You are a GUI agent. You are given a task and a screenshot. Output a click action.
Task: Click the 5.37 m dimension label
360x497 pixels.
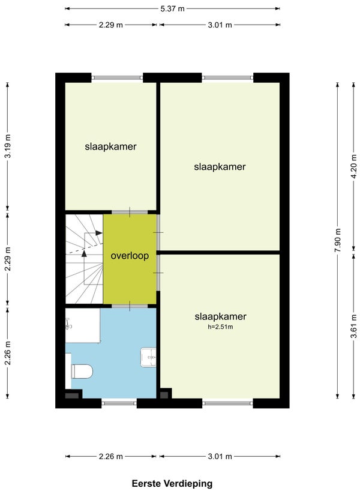172,8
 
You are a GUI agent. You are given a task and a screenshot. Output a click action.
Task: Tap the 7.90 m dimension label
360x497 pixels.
338,240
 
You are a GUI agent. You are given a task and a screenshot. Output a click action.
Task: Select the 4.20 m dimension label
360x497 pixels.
354,166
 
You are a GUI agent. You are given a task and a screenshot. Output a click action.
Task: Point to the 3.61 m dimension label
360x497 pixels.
354,326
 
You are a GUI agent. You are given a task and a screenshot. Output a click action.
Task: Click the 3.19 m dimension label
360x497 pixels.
8,146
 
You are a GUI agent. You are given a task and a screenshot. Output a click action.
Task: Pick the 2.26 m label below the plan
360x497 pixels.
110,456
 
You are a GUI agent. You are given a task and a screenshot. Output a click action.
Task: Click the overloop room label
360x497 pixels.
130,256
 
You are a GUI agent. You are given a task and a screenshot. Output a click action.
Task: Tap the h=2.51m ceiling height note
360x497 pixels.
220,327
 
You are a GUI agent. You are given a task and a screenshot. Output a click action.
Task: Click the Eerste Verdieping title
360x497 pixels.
172,483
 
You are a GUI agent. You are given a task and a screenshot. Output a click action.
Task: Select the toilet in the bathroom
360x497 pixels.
82,371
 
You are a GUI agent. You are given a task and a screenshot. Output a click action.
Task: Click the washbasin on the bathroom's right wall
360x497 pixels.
148,358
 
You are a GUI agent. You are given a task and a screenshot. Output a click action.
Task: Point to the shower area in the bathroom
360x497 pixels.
83,325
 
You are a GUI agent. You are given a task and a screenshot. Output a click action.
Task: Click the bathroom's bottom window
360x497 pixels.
119,403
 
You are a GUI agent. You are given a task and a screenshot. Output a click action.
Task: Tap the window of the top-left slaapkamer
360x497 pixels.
117,77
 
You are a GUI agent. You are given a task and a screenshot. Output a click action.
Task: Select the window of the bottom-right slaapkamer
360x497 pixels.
227,403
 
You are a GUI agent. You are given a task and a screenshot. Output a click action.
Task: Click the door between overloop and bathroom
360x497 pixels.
130,306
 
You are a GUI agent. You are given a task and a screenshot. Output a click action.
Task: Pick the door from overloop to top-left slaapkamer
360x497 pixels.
130,212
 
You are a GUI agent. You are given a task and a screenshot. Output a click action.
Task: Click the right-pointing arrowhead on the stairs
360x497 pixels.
99,233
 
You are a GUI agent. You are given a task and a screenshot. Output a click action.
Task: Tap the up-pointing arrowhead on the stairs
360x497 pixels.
84,253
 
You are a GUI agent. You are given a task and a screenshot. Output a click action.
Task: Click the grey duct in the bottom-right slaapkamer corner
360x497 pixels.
164,395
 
